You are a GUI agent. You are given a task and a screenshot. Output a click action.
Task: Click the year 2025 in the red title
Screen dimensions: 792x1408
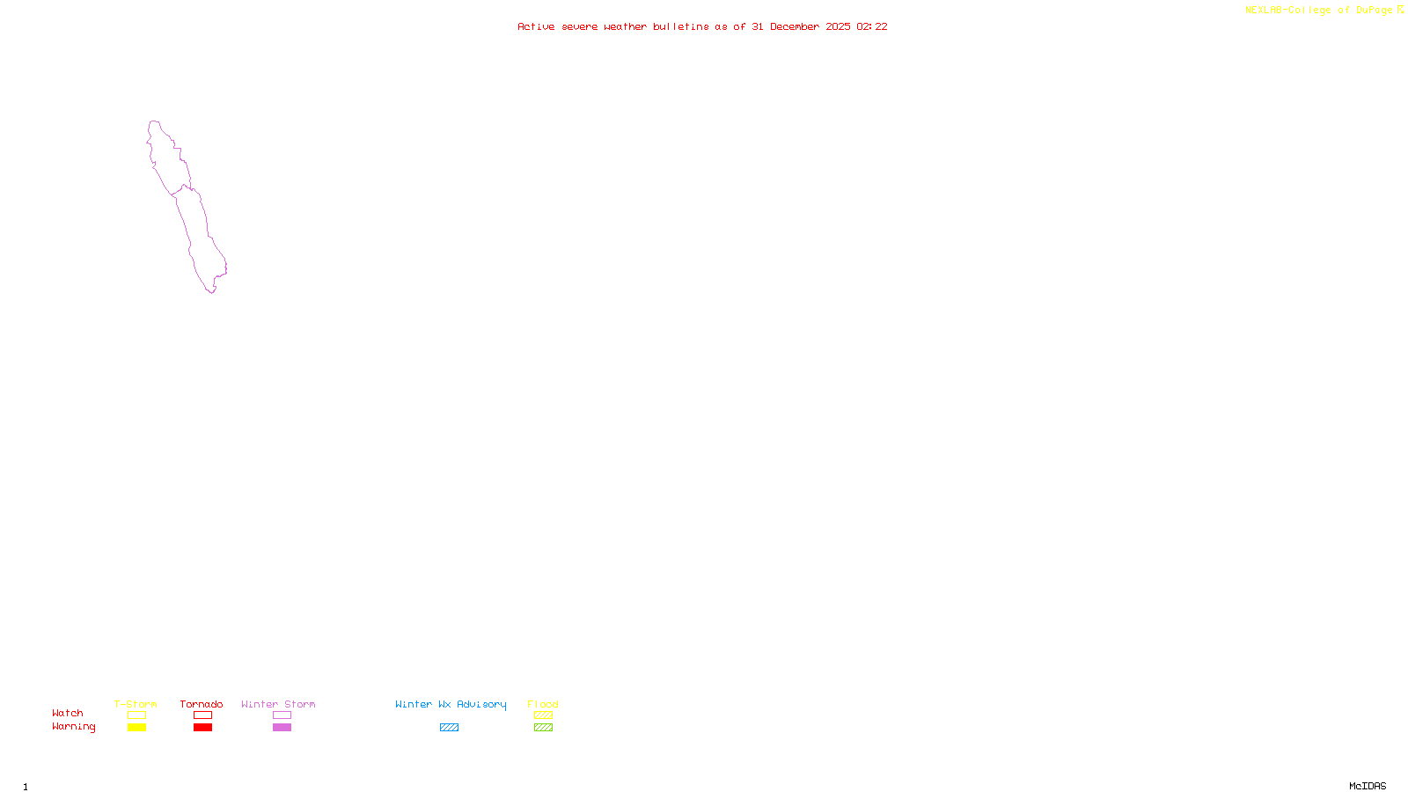click(x=838, y=27)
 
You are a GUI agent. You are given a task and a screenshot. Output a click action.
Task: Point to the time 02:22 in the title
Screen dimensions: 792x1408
click(x=872, y=27)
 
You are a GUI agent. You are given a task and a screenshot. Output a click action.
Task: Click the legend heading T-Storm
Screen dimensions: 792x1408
click(x=136, y=705)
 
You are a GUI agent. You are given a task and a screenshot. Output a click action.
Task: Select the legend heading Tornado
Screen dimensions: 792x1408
click(x=202, y=705)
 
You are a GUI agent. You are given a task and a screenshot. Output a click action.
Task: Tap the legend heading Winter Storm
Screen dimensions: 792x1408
click(x=278, y=705)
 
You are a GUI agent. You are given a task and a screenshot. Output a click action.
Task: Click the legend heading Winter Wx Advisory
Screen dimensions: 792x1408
click(x=451, y=705)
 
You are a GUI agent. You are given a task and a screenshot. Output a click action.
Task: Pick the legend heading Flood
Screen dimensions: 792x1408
click(x=543, y=705)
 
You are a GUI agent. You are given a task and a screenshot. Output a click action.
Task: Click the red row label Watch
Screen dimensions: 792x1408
click(x=68, y=714)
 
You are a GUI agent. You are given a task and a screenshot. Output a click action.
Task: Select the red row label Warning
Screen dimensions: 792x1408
click(x=74, y=727)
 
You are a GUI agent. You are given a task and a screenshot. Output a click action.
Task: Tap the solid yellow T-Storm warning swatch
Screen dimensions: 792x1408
click(x=136, y=728)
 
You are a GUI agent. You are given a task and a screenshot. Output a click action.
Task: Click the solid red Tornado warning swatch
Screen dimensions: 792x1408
click(x=202, y=728)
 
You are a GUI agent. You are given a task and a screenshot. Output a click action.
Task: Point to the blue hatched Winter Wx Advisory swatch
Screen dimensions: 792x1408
click(x=449, y=728)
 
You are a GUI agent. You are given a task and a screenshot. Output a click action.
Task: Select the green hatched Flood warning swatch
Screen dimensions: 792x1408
click(x=543, y=728)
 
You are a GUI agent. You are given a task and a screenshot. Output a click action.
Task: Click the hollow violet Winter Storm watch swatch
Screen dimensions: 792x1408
click(x=282, y=715)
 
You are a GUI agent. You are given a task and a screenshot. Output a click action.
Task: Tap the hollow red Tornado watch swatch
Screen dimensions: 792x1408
click(x=202, y=715)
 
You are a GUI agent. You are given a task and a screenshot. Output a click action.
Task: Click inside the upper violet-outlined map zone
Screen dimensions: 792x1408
click(x=167, y=158)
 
